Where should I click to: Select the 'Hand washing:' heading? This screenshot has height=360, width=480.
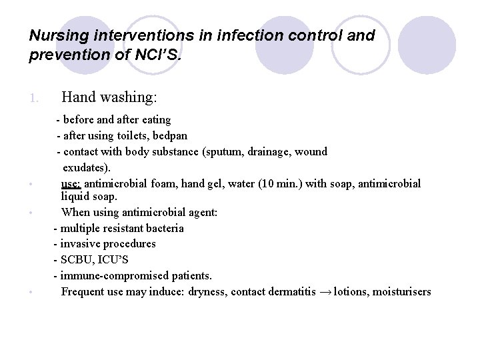click(x=109, y=97)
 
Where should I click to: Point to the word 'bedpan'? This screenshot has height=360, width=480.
click(x=170, y=135)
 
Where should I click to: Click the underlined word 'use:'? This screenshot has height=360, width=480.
click(x=71, y=183)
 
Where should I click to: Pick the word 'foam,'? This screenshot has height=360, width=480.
click(x=161, y=183)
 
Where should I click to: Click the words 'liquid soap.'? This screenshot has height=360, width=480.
click(x=89, y=196)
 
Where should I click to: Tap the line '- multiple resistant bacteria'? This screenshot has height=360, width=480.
click(x=119, y=228)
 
